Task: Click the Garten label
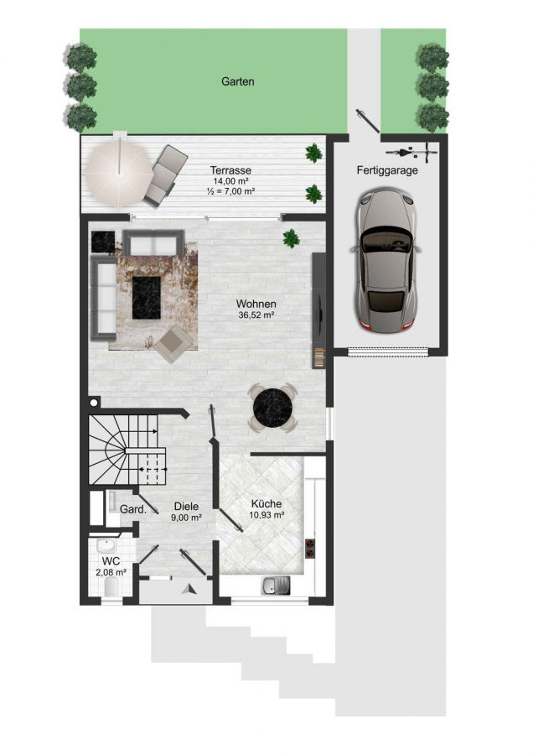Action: [x=238, y=81]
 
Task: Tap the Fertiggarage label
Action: [x=387, y=170]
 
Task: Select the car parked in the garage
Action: [x=387, y=261]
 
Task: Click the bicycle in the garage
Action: [x=411, y=153]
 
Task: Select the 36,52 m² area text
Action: [x=256, y=315]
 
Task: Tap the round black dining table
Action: [x=272, y=408]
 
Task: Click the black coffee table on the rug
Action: [x=147, y=297]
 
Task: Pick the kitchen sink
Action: [x=276, y=586]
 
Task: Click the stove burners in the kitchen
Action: [x=310, y=549]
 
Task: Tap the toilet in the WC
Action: [x=111, y=587]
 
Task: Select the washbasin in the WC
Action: [x=106, y=546]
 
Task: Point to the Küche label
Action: [x=266, y=503]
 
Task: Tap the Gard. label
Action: [x=132, y=509]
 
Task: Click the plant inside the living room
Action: [x=291, y=238]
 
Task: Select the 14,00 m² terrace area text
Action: [x=231, y=181]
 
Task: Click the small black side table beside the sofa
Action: [x=103, y=242]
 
